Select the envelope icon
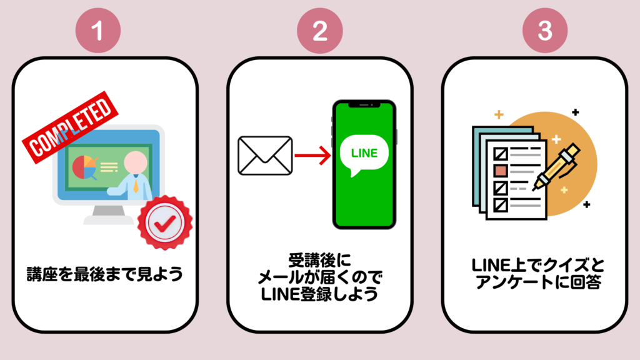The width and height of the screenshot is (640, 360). tap(265, 155)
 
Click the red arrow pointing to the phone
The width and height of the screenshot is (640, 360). tap(313, 155)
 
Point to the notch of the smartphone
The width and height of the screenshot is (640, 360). tap(364, 104)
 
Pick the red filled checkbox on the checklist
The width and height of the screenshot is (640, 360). tap(501, 170)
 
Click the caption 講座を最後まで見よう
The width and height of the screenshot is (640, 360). tap(105, 274)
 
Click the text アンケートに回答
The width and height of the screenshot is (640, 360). tap(538, 282)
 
